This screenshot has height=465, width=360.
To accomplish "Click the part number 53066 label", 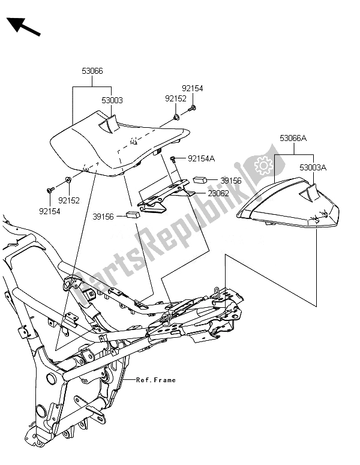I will coord(92,71).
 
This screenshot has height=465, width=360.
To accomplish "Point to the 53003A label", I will coord(314,168).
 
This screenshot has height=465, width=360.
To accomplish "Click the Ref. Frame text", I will coord(156,380).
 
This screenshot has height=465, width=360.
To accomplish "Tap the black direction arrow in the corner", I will coord(23,26).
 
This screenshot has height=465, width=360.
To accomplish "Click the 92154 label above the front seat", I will coord(193,88).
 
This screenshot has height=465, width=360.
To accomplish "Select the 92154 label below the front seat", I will coord(50,211).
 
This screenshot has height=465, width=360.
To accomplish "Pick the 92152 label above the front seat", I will coord(176,98).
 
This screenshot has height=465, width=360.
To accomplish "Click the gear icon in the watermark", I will coord(262,164).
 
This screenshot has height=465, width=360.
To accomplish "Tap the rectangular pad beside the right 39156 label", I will coord(200,179).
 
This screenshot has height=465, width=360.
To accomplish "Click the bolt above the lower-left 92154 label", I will coord(49,190).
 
